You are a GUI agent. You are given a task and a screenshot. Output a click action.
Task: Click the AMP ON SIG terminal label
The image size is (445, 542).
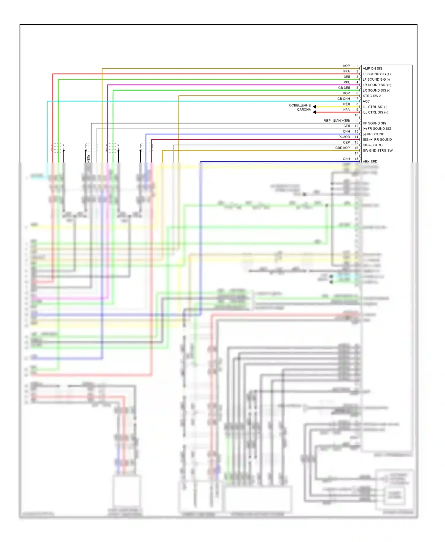[x=372, y=68]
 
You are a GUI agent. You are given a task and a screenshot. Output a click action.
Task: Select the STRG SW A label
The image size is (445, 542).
[x=372, y=96]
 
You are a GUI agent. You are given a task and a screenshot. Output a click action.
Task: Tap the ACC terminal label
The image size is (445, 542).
[x=366, y=101]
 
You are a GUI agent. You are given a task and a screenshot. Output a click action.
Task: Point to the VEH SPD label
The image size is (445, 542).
[x=370, y=162]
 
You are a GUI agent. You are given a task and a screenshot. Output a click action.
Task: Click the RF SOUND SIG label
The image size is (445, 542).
[x=374, y=123]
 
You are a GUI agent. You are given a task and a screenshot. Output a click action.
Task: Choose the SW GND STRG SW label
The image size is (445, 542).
[x=377, y=151]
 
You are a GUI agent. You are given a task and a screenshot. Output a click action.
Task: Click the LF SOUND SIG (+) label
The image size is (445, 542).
[x=376, y=74]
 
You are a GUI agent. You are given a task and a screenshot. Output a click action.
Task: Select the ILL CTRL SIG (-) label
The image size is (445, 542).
[x=375, y=107]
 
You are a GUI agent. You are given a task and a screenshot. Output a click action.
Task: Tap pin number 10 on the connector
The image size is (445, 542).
[x=357, y=115]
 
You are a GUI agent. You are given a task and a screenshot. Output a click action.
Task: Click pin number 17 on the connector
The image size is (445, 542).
[x=357, y=153]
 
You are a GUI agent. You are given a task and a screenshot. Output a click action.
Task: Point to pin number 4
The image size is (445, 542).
[x=357, y=82]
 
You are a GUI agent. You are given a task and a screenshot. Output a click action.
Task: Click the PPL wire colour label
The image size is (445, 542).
[x=347, y=82]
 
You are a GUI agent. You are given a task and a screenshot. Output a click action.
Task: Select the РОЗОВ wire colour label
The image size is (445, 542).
[x=344, y=137]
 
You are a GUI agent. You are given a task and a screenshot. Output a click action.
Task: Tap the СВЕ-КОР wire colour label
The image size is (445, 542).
[x=343, y=148]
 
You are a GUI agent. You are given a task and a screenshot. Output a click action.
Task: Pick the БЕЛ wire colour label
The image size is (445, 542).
[x=347, y=126]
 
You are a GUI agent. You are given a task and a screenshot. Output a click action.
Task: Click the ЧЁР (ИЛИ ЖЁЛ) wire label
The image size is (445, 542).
[x=337, y=121]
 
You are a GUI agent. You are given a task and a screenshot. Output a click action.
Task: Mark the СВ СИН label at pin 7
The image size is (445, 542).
[x=344, y=99]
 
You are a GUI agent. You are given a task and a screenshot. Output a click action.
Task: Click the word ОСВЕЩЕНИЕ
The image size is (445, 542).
[x=300, y=105]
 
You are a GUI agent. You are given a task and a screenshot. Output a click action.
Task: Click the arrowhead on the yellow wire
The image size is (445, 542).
[x=314, y=107]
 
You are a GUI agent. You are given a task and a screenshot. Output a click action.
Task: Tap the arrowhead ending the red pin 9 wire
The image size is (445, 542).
[x=314, y=112]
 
